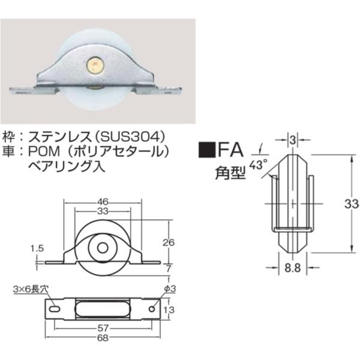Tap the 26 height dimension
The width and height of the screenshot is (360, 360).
click(169, 242)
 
